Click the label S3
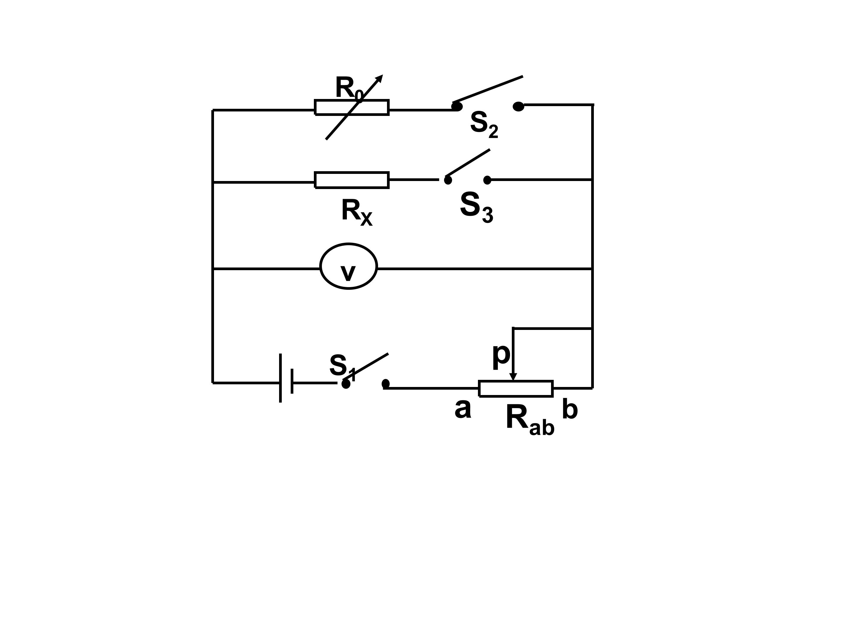(476, 207)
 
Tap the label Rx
(357, 212)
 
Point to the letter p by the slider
(501, 355)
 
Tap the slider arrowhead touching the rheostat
(513, 377)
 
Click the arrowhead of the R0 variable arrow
(379, 78)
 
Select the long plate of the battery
(280, 378)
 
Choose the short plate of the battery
(292, 381)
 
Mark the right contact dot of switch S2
(518, 106)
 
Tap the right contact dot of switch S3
(487, 180)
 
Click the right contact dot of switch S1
(385, 383)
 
